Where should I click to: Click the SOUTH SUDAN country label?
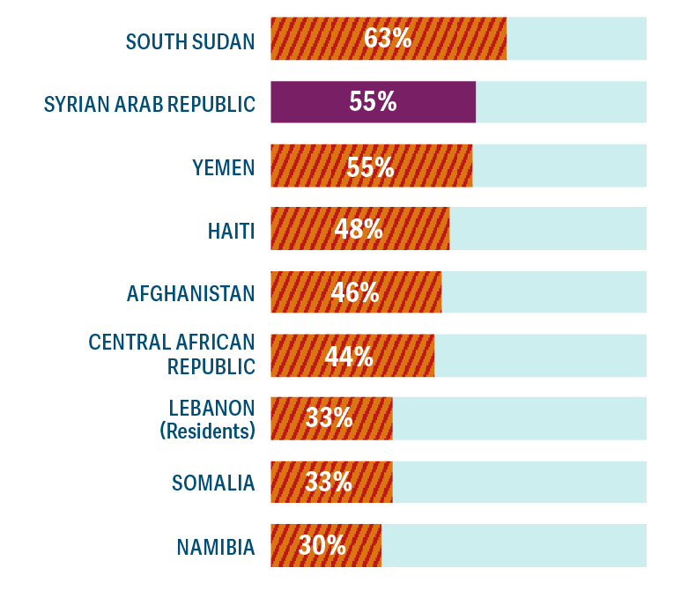190,41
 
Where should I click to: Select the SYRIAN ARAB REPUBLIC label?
150,104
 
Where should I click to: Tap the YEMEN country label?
224,167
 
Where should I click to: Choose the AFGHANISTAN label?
190,293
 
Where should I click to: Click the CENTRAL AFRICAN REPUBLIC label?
172,353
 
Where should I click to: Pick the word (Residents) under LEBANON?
207,431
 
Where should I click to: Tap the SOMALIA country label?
213,483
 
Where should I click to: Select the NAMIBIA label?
216,547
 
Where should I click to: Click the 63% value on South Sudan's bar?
388,39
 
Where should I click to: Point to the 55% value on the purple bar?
373,102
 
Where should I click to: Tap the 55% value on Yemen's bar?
371,166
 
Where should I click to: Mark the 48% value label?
359,230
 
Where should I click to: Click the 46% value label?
355,292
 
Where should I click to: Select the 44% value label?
349,357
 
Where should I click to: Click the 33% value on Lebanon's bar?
329,418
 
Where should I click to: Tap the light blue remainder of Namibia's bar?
514,546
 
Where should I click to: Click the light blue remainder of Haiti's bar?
547,229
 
